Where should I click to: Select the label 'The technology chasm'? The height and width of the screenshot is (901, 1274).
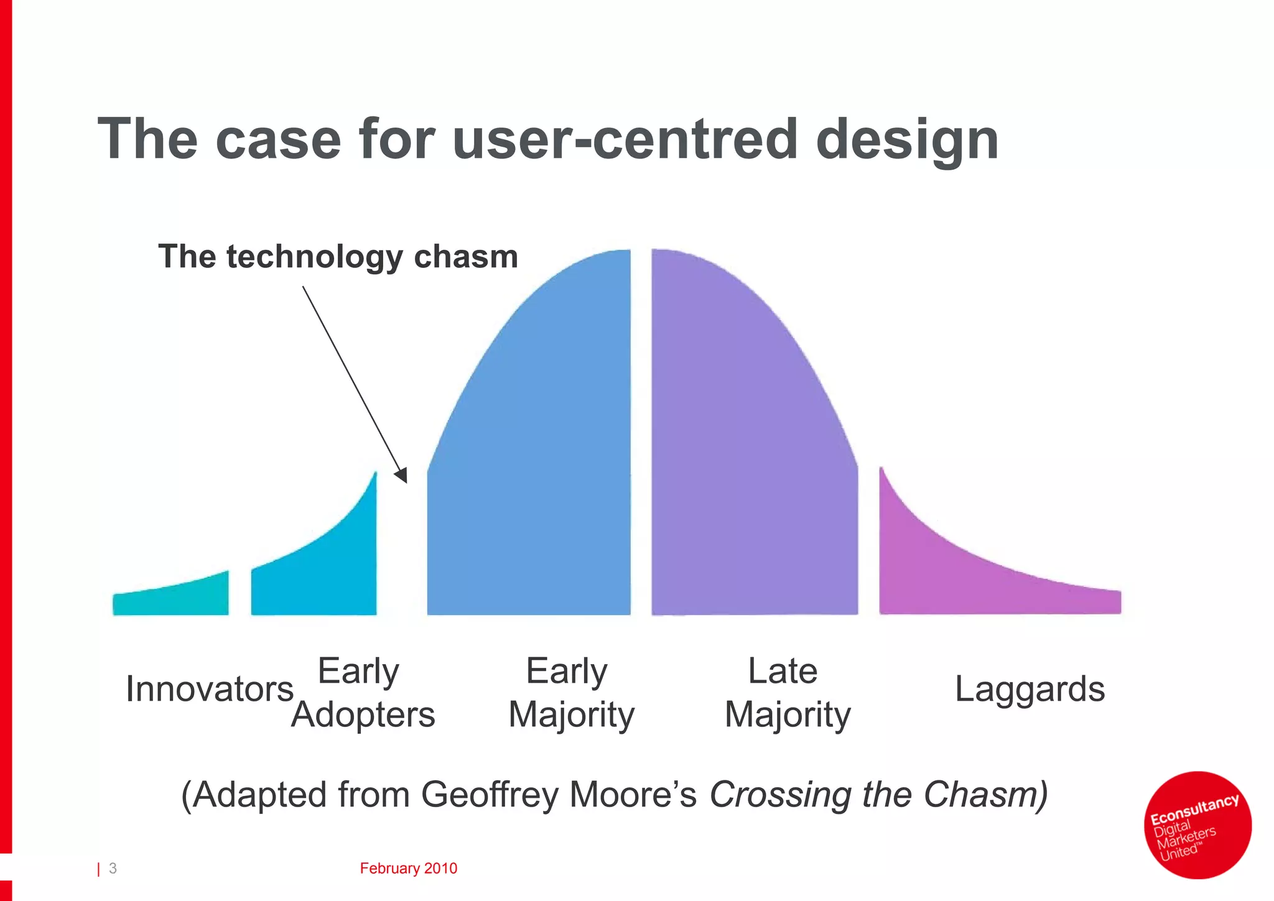click(338, 256)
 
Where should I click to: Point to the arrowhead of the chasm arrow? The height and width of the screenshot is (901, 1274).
click(402, 476)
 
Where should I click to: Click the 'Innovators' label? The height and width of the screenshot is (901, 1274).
click(209, 689)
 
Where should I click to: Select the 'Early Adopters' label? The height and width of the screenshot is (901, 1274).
click(362, 692)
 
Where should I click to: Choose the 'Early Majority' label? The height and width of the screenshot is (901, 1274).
click(570, 692)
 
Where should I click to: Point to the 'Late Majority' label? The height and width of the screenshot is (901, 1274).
click(786, 692)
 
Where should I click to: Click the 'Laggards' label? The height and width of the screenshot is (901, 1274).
click(1030, 689)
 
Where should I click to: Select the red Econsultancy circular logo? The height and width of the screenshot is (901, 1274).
click(1197, 825)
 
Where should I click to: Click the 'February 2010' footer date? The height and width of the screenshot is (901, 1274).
click(408, 868)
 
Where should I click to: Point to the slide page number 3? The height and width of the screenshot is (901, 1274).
click(113, 868)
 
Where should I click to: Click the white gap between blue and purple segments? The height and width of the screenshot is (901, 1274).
click(641, 435)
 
